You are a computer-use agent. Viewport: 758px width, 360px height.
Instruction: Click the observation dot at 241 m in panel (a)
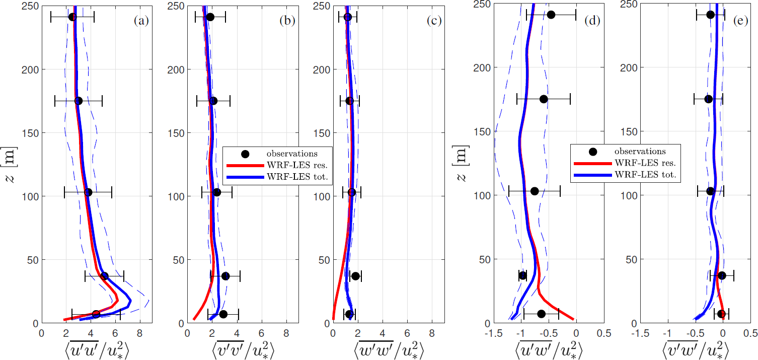(72, 17)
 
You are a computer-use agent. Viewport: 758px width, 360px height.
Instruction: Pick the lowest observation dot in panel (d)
(542, 314)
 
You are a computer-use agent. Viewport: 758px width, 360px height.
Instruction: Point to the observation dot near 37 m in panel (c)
(355, 276)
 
